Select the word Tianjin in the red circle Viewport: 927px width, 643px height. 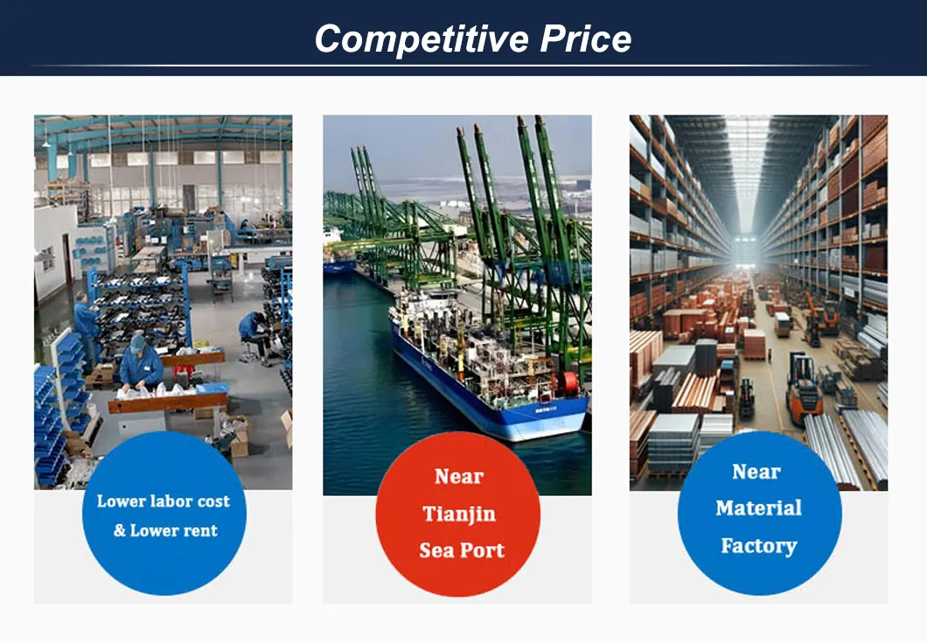(458, 514)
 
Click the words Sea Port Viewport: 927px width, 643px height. (461, 550)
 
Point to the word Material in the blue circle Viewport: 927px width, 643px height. (758, 508)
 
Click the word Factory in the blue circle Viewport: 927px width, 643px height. (758, 546)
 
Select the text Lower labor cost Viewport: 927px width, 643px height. (164, 501)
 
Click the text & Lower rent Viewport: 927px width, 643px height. (164, 531)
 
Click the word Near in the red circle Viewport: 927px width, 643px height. (458, 477)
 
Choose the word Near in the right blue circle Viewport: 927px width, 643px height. (756, 472)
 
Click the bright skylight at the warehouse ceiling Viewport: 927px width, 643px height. (747, 166)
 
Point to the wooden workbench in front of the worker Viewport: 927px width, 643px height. (166, 402)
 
